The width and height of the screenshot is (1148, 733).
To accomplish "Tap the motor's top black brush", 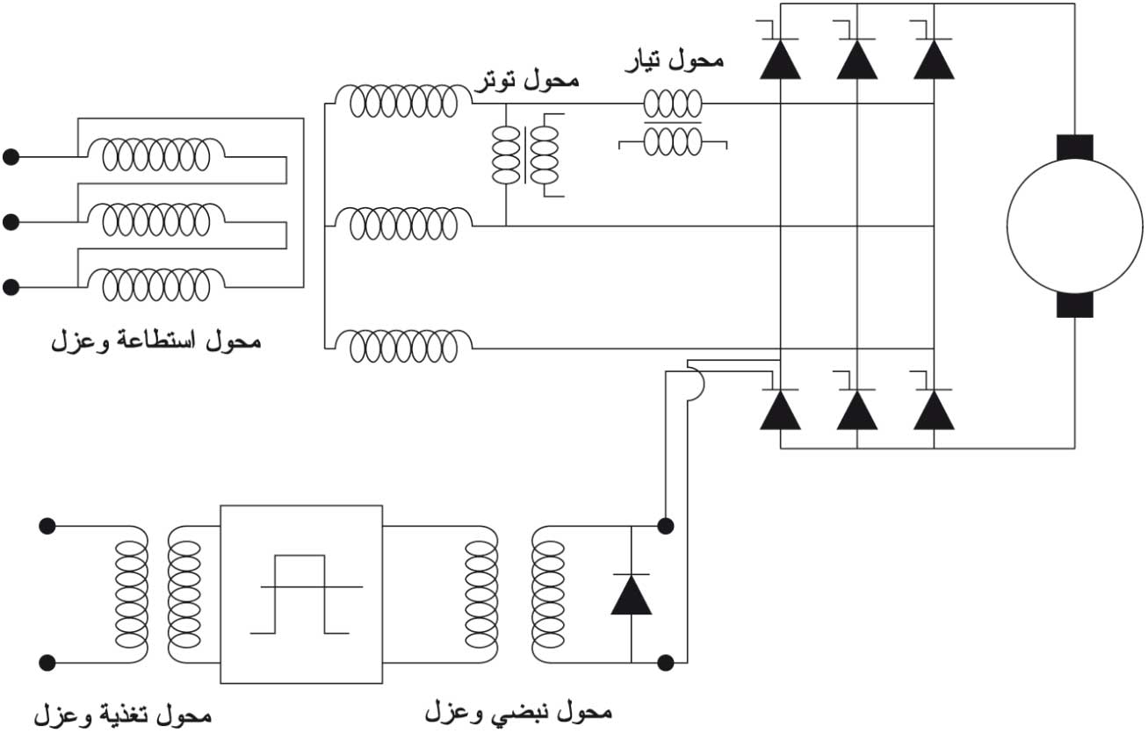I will (x=1073, y=147).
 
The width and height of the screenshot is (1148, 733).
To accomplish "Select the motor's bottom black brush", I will (x=1073, y=305).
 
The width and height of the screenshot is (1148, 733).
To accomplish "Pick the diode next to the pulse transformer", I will (x=631, y=595).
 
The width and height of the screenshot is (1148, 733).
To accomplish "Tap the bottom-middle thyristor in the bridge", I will (x=856, y=409).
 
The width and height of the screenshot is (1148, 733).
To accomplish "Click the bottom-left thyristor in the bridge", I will (x=780, y=409).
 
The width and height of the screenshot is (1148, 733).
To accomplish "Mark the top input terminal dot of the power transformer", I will (x=11, y=157).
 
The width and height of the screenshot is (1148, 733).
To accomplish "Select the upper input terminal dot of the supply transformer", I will (x=47, y=527).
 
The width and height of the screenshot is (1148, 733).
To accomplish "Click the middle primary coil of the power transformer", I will (x=155, y=222).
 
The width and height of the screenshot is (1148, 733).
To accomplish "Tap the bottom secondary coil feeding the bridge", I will (x=403, y=346).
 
